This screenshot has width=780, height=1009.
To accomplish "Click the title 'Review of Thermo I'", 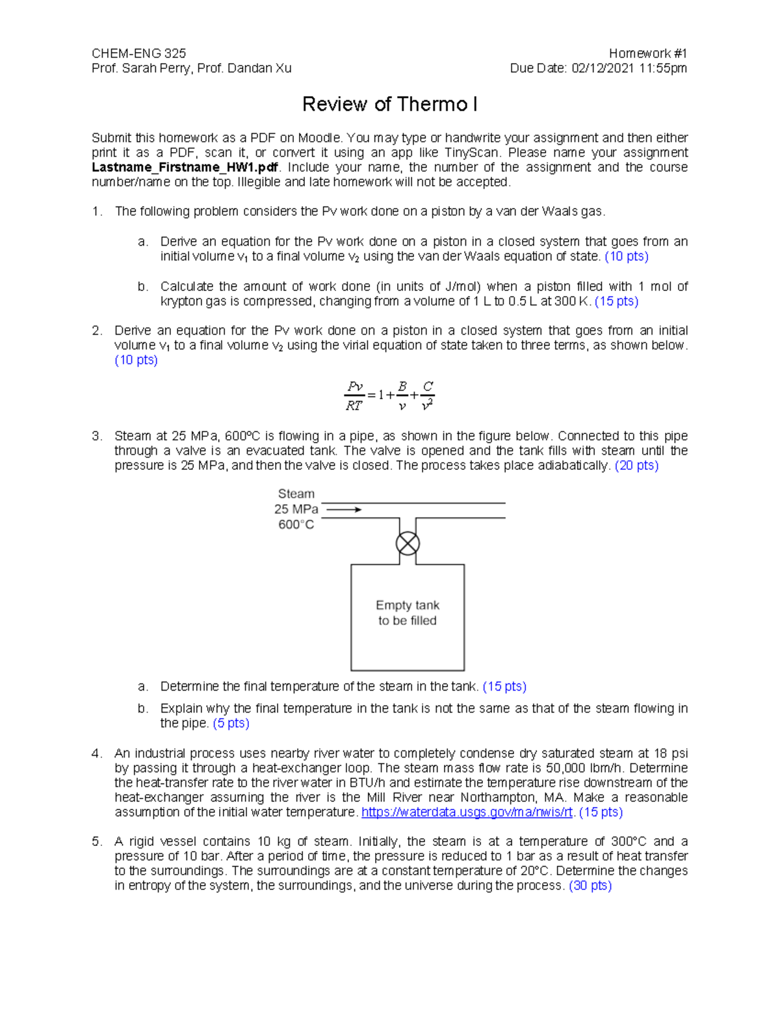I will pos(390,104).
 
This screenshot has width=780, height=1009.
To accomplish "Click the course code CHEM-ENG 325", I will pos(138,53).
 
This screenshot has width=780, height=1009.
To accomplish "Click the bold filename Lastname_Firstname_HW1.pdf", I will pos(185,168).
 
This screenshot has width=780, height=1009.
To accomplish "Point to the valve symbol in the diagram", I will pos(408,544).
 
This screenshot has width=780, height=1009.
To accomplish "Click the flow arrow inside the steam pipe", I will pos(344,510).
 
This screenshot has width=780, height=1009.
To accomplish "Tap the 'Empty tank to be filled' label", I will pos(408,613).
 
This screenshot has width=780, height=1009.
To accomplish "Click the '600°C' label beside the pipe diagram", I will pos(296,525).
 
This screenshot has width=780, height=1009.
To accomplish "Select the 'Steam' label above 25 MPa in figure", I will pos(296,494).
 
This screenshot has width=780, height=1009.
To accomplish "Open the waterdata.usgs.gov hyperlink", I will pos(467,812).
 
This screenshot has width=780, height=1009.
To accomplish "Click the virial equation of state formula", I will pos(389,396).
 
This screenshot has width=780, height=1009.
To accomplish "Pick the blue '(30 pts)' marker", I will pos(590,886).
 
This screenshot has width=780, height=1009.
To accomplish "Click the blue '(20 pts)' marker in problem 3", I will pos(636,466).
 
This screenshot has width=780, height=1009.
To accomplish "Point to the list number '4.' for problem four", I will pos(97,754).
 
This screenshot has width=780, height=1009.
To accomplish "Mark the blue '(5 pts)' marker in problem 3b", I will pos(231,723).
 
